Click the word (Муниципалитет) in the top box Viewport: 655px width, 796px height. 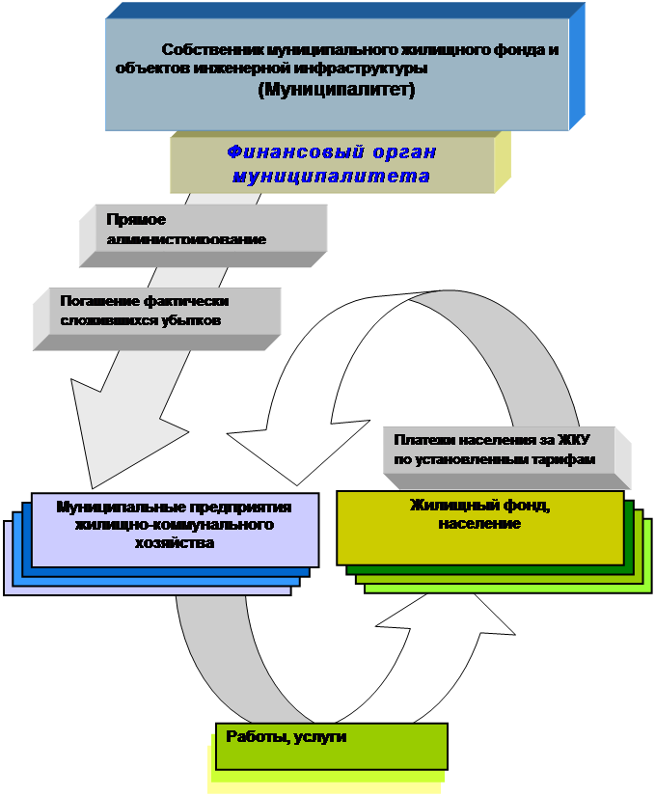click(x=337, y=91)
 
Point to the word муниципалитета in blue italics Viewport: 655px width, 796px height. click(x=330, y=177)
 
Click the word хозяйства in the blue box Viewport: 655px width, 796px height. click(x=175, y=543)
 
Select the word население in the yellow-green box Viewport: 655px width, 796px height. click(x=479, y=524)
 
